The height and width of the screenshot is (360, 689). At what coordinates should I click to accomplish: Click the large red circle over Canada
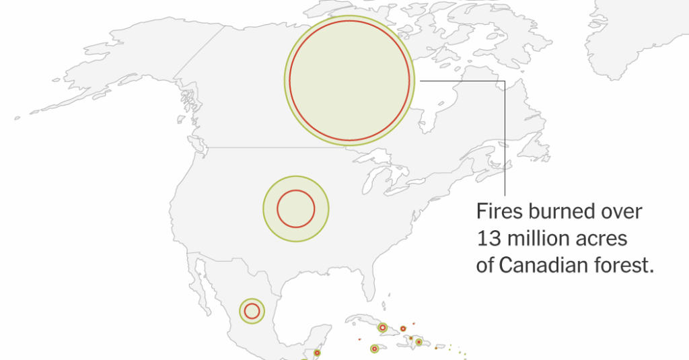349,81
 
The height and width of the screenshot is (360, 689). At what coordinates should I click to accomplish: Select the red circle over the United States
296,209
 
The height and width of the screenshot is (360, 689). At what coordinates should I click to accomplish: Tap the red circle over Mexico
252,311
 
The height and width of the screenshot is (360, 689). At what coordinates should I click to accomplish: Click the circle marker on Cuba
382,328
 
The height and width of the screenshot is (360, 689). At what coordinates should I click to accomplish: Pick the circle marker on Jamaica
374,349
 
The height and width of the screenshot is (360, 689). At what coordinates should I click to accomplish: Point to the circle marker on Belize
317,352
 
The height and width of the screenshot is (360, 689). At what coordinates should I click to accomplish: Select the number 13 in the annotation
486,239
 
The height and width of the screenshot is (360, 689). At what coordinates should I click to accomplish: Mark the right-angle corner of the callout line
504,80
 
